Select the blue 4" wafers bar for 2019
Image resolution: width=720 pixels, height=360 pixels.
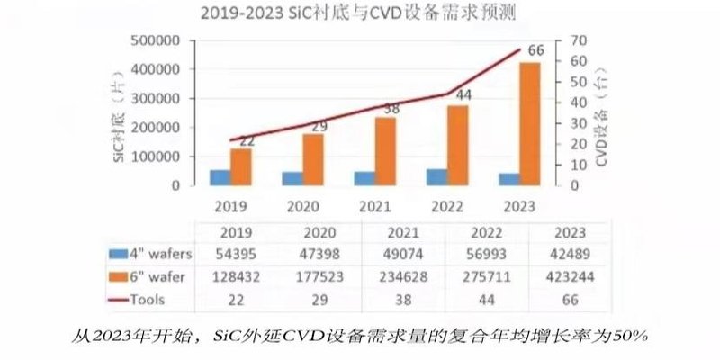(220, 177)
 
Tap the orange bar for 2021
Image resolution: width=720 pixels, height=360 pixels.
(385, 151)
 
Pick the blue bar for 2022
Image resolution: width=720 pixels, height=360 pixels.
(436, 176)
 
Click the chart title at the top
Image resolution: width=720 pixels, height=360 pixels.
(358, 13)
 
